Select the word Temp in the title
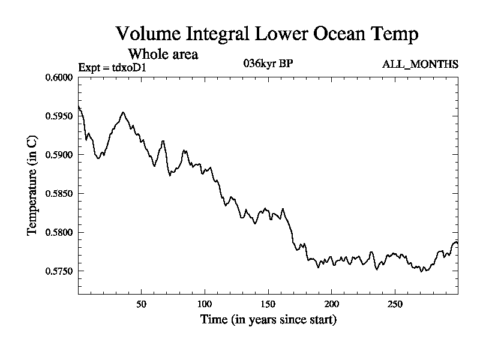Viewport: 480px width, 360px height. point(394,34)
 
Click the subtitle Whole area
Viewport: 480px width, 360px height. point(163,54)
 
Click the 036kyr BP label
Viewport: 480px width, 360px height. point(268,63)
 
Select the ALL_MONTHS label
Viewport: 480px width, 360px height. point(421,64)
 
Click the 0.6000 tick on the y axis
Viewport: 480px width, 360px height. point(59,77)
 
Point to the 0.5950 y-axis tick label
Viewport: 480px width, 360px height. point(59,116)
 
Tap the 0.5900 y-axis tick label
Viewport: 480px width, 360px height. point(59,155)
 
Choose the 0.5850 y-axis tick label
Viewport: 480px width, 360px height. point(59,193)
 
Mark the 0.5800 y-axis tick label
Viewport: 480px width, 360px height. point(59,232)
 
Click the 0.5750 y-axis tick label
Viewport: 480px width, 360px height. point(59,271)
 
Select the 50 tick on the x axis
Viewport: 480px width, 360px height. point(142,303)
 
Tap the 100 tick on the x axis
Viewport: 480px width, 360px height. point(205,303)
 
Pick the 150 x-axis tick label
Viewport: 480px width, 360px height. point(268,303)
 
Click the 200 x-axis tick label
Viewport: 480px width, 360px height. point(331,303)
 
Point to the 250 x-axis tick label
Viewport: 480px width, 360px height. point(395,303)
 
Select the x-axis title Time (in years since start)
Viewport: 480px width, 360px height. point(268,320)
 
